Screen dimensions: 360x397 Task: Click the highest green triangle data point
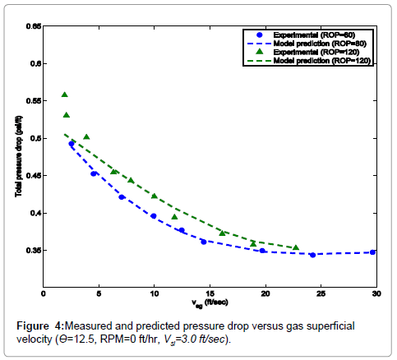(x=65, y=95)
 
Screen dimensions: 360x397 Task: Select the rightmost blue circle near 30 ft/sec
(x=373, y=252)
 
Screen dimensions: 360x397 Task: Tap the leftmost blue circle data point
(x=72, y=144)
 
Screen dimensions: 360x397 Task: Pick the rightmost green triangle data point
(x=296, y=247)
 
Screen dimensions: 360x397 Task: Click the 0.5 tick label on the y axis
(x=34, y=138)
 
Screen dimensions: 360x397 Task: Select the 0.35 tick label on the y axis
(x=34, y=251)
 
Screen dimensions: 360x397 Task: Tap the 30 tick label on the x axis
(x=376, y=293)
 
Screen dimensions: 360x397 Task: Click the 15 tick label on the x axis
(x=210, y=293)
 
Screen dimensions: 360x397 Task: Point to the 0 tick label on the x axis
(x=44, y=293)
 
